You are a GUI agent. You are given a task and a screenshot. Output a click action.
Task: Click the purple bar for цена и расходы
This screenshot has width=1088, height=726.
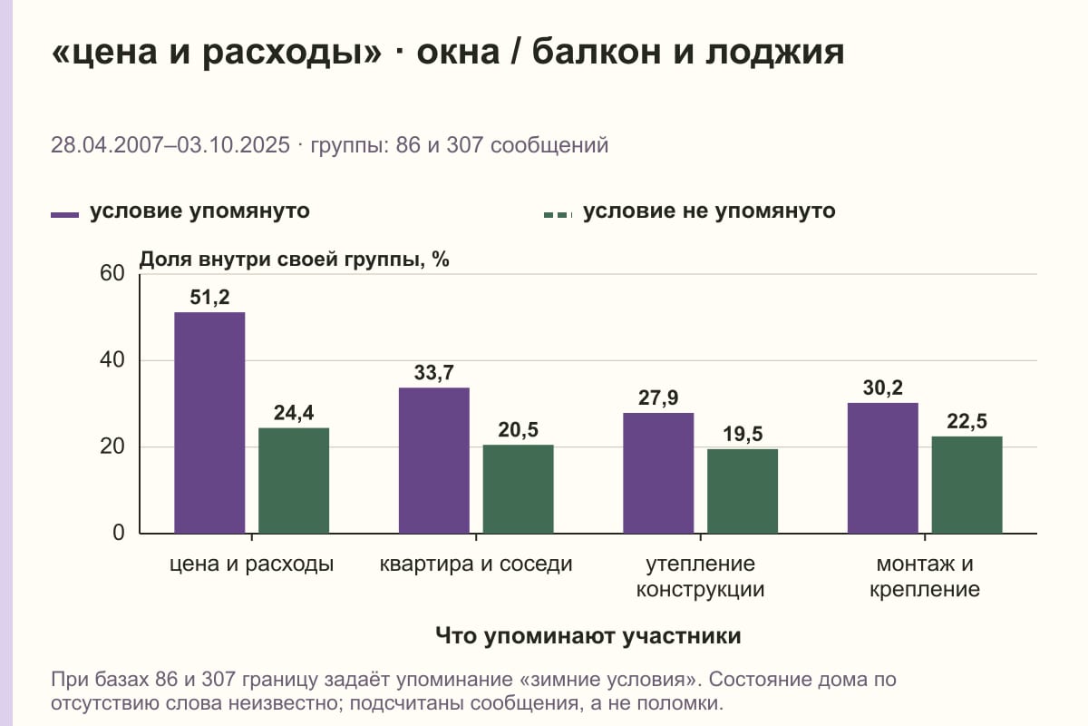click(209, 423)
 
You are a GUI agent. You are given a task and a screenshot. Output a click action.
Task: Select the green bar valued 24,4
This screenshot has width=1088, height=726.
click(294, 480)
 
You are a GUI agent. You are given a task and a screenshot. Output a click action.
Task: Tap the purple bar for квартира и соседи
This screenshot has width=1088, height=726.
click(434, 460)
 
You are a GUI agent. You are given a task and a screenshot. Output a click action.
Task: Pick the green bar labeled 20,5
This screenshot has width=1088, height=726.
click(519, 489)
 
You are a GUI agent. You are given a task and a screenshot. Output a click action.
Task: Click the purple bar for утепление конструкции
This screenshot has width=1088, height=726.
click(658, 473)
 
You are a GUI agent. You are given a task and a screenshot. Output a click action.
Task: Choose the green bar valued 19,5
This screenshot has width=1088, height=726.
click(743, 491)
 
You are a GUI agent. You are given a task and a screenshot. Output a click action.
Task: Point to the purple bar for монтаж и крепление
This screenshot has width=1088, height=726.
click(883, 468)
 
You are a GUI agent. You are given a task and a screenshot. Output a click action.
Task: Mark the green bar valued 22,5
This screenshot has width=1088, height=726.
click(967, 485)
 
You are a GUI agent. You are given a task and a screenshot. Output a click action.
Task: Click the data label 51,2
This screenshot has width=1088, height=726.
click(209, 297)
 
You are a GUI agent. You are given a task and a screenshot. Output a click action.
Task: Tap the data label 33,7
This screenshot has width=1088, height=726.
click(434, 372)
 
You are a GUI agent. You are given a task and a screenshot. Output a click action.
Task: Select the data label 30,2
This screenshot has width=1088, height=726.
click(883, 388)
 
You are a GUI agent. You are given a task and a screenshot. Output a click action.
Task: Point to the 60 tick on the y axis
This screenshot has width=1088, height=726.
click(112, 273)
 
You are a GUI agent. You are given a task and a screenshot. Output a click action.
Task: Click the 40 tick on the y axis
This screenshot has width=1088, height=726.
click(112, 360)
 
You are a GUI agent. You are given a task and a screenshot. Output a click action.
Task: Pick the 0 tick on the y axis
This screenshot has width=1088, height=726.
click(119, 533)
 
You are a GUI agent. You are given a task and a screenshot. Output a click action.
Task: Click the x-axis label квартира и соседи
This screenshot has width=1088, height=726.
click(476, 564)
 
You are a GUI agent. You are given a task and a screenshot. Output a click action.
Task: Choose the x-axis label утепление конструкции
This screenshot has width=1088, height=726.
click(700, 576)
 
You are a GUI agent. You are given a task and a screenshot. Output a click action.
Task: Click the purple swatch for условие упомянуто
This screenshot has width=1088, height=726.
click(64, 215)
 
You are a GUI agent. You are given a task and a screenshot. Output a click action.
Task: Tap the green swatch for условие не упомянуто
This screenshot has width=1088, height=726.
click(559, 215)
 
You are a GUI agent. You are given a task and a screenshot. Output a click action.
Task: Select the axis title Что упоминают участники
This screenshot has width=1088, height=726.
click(588, 636)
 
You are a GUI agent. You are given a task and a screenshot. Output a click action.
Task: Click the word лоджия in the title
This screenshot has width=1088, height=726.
click(774, 52)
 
